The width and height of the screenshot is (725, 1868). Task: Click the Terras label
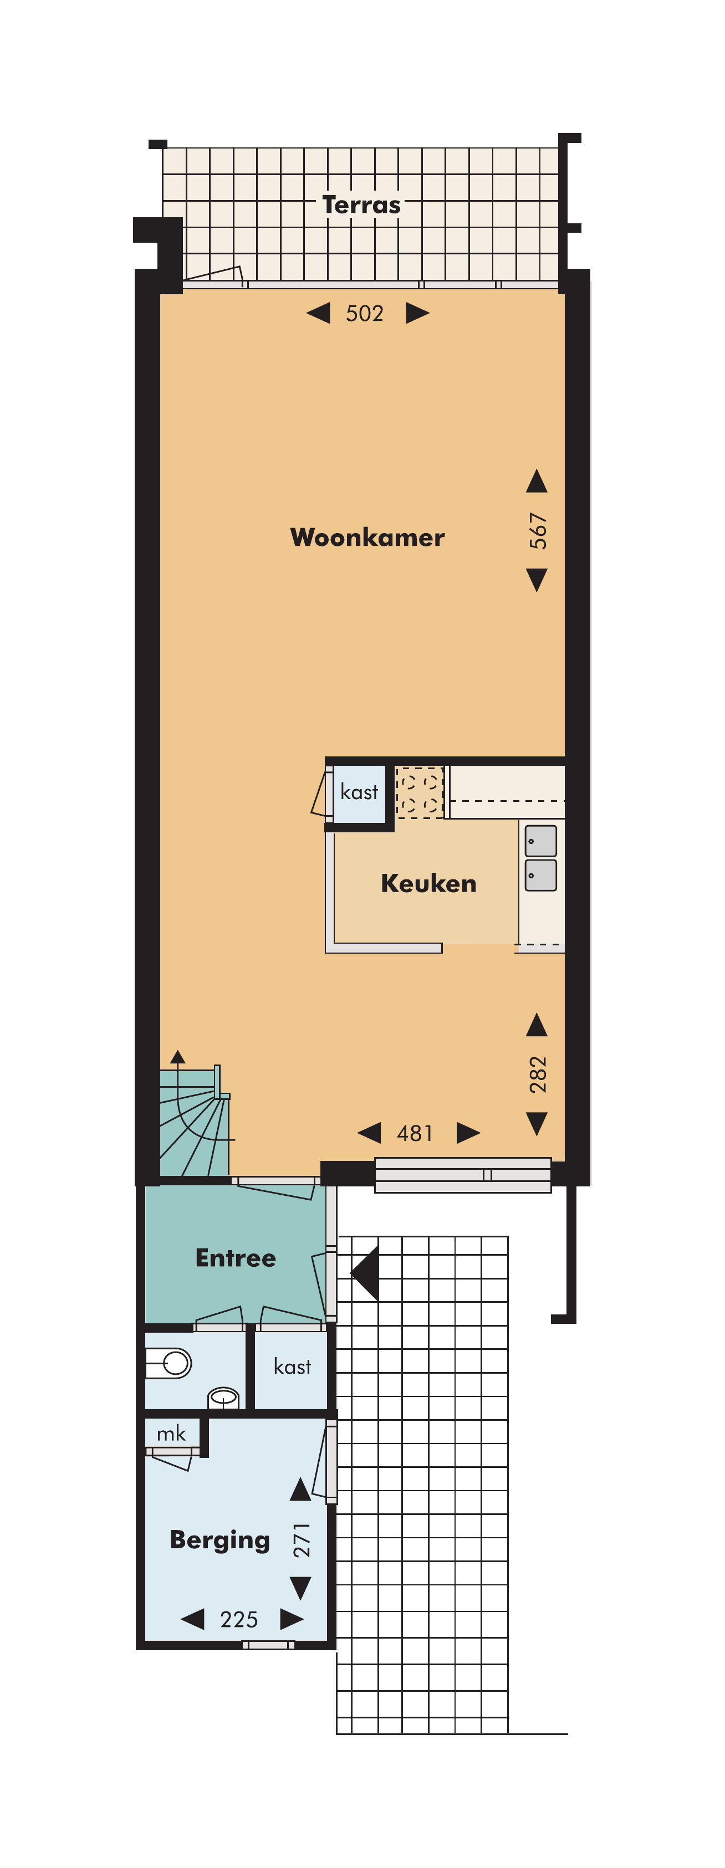point(361,205)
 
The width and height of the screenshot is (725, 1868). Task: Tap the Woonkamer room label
point(367,538)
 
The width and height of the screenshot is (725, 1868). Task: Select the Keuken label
point(428,883)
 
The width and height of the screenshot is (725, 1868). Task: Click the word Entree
point(236,1257)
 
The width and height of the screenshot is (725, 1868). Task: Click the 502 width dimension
point(364,313)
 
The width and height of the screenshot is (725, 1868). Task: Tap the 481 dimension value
point(415,1133)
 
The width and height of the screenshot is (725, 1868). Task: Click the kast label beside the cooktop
point(359,792)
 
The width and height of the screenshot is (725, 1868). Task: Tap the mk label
point(171,1434)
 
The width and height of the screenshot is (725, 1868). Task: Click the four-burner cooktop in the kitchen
point(420,792)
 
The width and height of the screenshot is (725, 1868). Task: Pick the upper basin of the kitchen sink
point(541,841)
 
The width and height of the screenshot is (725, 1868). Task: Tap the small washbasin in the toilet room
point(223,1396)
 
